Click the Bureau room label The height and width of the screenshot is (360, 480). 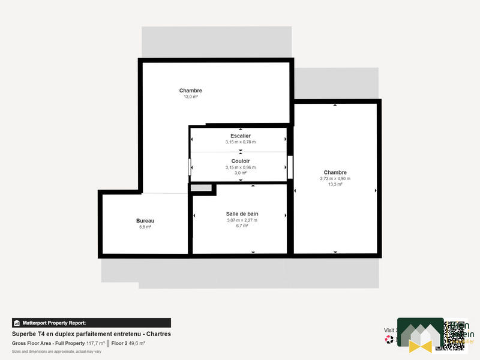click(145, 221)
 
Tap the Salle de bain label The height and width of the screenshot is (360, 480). click(242, 214)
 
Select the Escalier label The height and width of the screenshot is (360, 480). click(240, 136)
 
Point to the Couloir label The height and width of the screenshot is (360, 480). click(240, 161)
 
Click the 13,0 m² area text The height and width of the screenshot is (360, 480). click(190, 97)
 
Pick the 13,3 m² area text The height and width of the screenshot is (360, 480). click(335, 185)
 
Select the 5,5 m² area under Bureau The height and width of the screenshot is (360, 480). click(145, 227)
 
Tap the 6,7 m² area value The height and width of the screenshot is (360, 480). click(242, 226)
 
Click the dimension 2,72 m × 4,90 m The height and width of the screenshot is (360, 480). click(335, 179)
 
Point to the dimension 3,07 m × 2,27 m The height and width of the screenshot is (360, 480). click(242, 220)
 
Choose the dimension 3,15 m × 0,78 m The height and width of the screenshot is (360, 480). click(240, 142)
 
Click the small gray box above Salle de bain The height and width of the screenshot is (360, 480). click(202, 188)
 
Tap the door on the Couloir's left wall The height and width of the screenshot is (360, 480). click(190, 167)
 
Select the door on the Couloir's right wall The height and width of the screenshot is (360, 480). click(290, 167)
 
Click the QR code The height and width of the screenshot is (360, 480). click(454, 335)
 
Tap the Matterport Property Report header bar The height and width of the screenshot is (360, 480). click(91, 323)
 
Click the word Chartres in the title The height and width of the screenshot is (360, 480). click(158, 334)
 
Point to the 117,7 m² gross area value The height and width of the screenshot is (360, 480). click(95, 344)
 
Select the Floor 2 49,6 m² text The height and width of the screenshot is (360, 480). click(128, 344)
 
